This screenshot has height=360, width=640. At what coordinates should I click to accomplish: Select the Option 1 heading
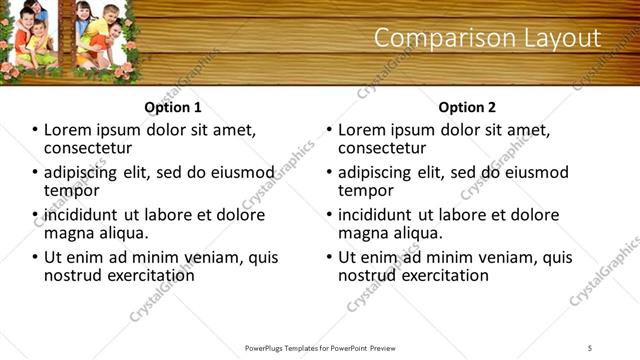173,107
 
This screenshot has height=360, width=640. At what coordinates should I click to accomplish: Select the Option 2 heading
467,107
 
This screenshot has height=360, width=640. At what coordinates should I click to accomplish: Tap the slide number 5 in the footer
590,347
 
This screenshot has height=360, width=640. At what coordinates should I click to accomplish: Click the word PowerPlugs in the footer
269,347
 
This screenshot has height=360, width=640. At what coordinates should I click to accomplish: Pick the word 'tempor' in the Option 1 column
68,191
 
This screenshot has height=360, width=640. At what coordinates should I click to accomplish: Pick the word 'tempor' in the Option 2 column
362,191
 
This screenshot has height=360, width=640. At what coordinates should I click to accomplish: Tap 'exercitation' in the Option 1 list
145,275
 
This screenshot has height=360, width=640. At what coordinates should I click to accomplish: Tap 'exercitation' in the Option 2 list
439,275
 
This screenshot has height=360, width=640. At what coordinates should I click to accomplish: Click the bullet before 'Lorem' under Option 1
36,130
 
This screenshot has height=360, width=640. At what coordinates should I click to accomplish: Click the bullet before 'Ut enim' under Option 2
330,257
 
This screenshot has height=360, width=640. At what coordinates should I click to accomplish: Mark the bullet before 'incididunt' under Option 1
36,215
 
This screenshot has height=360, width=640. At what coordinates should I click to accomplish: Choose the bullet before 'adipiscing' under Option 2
330,173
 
